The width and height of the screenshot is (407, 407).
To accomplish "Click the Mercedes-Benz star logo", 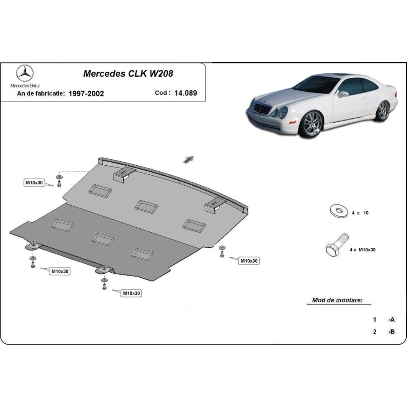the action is pos(25,73).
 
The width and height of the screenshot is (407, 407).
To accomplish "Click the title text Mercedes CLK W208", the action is pos(128,73).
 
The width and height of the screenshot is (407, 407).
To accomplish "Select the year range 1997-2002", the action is pos(86,93).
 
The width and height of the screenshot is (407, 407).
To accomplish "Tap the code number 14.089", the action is pos(186,93).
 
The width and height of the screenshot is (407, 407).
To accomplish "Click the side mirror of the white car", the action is pos(344,94).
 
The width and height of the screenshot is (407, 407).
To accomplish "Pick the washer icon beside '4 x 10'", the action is pos(338,210).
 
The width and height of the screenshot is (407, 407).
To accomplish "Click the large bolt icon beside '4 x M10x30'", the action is pos(337,245).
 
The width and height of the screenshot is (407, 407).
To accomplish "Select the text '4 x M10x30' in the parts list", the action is pos(362,250).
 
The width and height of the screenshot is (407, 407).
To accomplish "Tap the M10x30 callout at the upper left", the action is pos(34,183).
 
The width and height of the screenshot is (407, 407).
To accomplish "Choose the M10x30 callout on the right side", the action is pos(249,261).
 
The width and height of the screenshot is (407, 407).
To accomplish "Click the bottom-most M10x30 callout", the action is pos(131,294).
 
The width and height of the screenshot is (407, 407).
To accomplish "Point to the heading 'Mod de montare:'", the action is pos(337,300).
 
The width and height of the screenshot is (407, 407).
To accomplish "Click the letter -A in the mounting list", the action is pos(391,320).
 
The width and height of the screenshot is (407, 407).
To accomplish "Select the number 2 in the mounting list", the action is pos(374,331).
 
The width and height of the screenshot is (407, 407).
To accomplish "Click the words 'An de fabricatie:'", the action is pos(41,93).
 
